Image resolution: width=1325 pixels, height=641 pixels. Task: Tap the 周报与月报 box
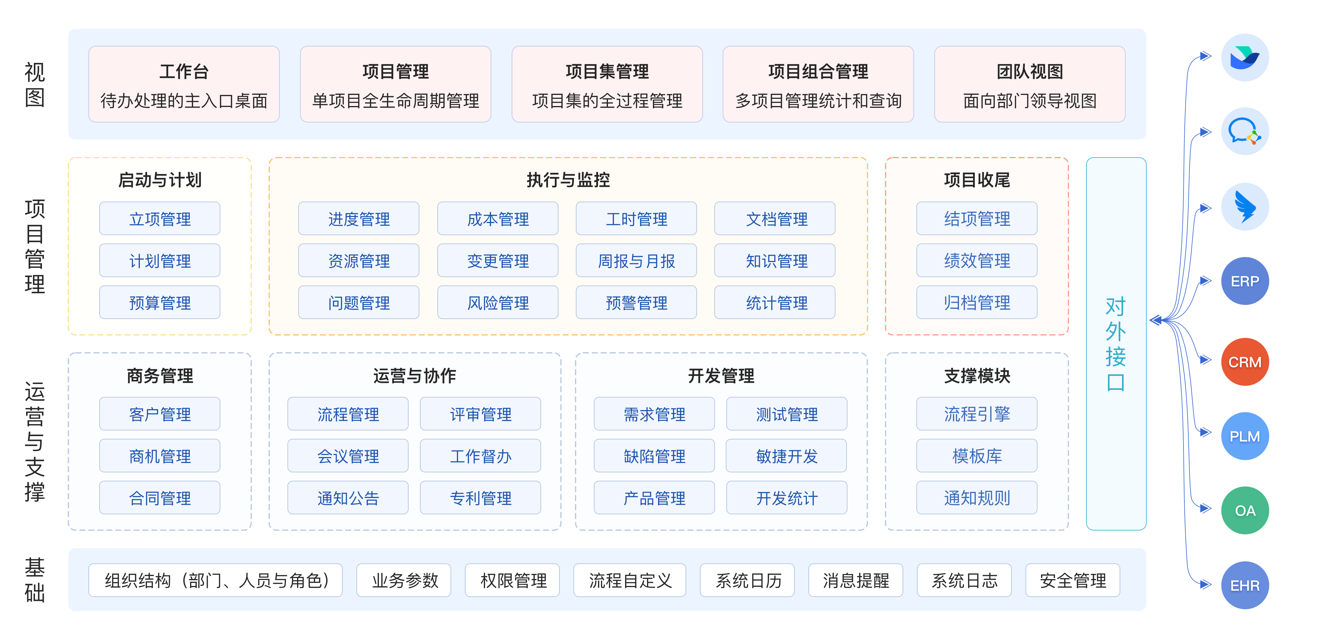click(x=636, y=261)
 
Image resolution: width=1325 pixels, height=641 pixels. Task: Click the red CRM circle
click(x=1245, y=362)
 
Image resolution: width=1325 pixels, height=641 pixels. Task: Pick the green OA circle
click(x=1245, y=510)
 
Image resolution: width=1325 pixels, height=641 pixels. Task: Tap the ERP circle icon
click(x=1245, y=281)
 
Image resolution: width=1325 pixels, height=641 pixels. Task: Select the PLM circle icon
click(x=1245, y=436)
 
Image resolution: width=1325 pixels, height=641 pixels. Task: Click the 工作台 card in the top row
click(x=184, y=84)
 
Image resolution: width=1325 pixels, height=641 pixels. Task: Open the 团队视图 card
click(x=1030, y=84)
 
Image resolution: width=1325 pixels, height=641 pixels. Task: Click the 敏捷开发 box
click(x=787, y=456)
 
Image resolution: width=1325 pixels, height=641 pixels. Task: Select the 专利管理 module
click(x=481, y=498)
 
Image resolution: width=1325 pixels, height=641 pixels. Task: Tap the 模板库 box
click(x=976, y=456)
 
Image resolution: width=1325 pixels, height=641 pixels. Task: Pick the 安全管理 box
click(x=1073, y=580)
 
